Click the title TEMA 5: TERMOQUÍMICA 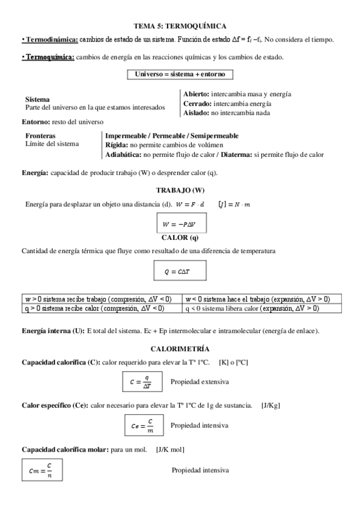coord(180,26)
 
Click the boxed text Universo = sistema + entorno coord(180,74)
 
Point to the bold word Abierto coord(196,94)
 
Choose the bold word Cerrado coord(197,103)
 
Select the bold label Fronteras coord(40,136)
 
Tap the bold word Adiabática coord(123,155)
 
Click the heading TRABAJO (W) coord(180,190)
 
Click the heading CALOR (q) coord(180,238)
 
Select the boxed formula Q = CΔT coord(180,272)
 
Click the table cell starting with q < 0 coord(261,308)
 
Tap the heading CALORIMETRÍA coord(180,349)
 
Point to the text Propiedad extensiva coord(200,382)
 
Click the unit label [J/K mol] coord(170,449)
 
